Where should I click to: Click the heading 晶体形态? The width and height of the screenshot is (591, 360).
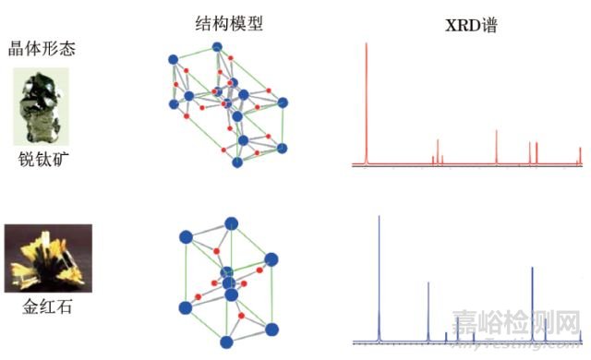pos(34,48)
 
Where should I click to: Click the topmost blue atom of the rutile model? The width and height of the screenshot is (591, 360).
pos(230,222)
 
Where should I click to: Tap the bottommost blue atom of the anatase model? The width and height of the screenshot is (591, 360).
pos(237,162)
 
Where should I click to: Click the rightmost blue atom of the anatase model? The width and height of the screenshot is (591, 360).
pos(283,102)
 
